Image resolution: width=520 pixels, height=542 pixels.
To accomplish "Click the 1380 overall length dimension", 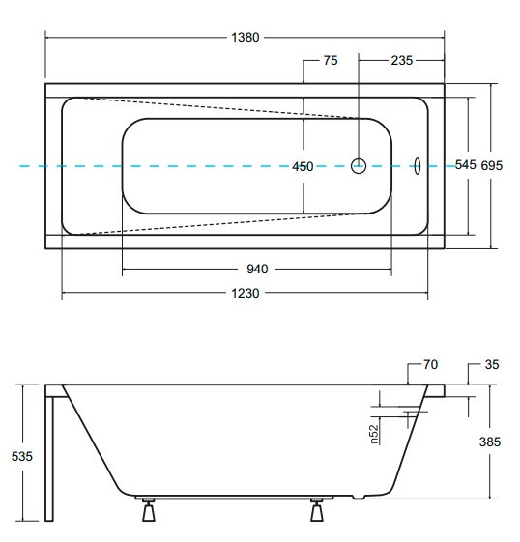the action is coord(246,37).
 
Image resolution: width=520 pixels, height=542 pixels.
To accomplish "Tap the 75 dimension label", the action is coord(331,61).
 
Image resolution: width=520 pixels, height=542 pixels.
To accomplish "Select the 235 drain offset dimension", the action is coord(402,61).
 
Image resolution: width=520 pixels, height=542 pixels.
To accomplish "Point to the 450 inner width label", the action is coord(303,166).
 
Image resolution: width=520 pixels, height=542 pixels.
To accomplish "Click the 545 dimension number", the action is coord(465,165).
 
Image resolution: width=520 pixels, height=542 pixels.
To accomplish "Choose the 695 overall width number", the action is coord(492,165).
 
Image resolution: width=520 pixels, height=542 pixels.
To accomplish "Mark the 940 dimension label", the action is coord(257,269).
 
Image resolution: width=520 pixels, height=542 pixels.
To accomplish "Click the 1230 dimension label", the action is coord(246,293).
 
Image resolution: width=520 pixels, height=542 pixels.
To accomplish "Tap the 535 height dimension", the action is coord(22,456).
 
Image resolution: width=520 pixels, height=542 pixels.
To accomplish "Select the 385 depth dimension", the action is coord(490,442).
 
